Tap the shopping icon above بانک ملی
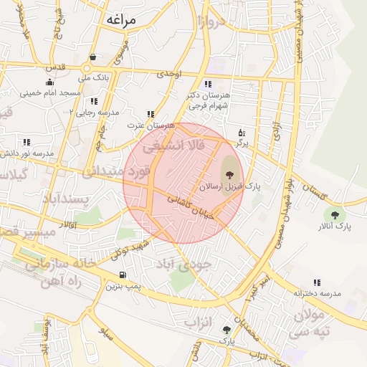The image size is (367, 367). pos(92,57)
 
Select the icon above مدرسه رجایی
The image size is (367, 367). pos(94,101)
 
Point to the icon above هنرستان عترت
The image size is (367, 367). pos(151,113)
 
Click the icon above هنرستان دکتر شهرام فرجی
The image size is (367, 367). pos(208,83)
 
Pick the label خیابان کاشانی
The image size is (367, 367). pos(186,207)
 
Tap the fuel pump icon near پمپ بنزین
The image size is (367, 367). pos(123,275)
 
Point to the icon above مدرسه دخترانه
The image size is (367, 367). pos(317,283)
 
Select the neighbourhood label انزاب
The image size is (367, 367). pos(200,322)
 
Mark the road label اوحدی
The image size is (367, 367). pos(171,74)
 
